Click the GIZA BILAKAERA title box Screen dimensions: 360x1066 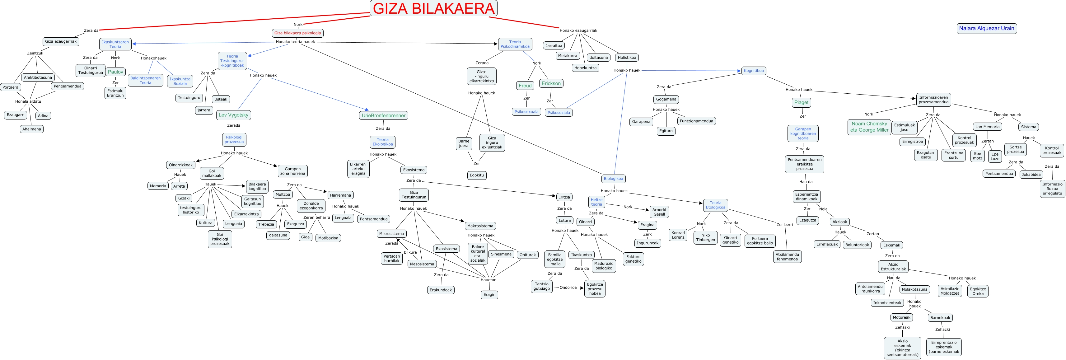tap(433, 8)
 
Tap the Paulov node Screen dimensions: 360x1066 tap(115, 72)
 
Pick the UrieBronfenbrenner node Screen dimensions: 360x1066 tap(384, 115)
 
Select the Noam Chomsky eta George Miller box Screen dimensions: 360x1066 tap(869, 127)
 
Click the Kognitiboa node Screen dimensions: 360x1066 tap(754, 71)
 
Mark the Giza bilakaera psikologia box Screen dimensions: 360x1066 tap(297, 33)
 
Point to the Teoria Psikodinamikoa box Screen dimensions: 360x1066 tap(515, 44)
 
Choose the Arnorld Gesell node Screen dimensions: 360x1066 tap(659, 212)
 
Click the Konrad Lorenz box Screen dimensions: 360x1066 tap(678, 235)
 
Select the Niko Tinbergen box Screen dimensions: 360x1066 tap(706, 237)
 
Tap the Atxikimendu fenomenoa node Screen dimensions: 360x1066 tap(787, 257)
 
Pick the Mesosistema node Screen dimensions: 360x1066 tap(422, 264)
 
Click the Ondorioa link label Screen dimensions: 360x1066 tap(568, 288)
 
